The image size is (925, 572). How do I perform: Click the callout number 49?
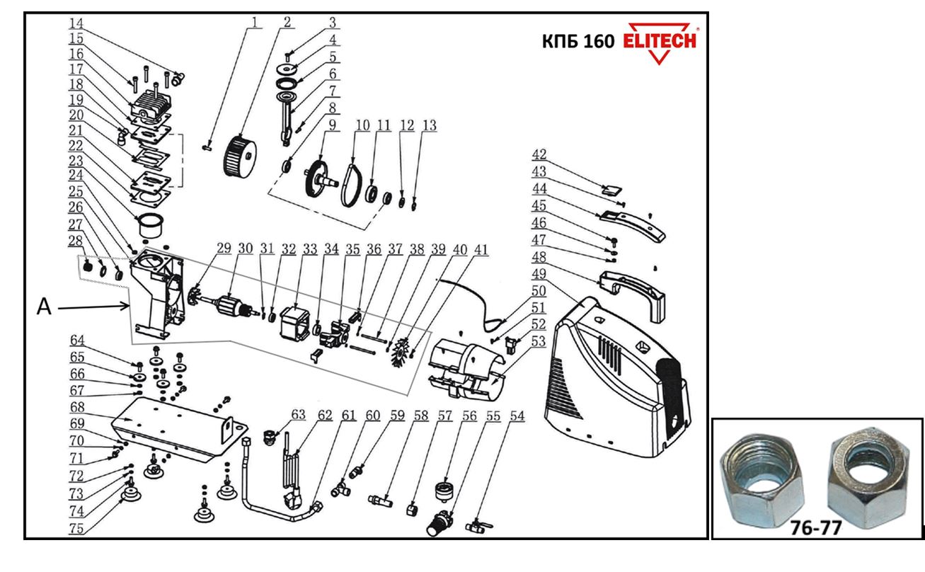point(539,273)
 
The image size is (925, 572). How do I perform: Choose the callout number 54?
point(517,418)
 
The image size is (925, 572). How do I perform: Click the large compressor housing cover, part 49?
point(616,375)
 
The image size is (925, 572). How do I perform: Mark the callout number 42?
point(539,154)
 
